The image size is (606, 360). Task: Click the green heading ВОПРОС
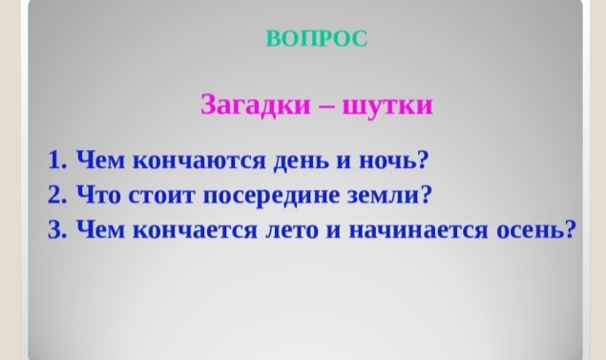pyautogui.click(x=316, y=38)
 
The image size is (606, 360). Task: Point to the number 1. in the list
pyautogui.click(x=56, y=159)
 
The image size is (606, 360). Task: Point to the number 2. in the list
pyautogui.click(x=56, y=195)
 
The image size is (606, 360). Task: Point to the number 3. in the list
pyautogui.click(x=56, y=231)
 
